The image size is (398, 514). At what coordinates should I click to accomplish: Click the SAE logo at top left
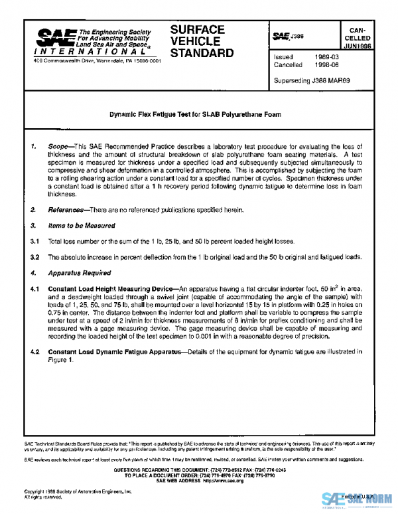(x=54, y=37)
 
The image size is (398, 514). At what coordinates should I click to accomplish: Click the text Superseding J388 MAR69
(x=312, y=80)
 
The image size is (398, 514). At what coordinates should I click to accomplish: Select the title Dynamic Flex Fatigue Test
(x=195, y=114)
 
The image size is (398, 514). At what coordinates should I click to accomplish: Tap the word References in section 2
(x=67, y=210)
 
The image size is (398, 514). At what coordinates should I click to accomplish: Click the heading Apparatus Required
(x=76, y=272)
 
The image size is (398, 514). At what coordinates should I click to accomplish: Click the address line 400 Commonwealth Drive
(x=97, y=61)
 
